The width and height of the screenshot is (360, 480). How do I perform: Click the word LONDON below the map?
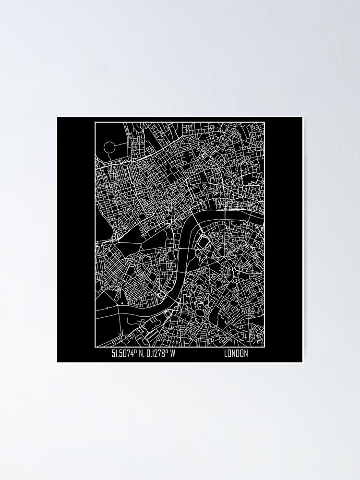pyautogui.click(x=236, y=354)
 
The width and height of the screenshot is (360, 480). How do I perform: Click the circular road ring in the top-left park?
pyautogui.click(x=109, y=147)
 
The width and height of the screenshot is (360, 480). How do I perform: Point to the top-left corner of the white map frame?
pyautogui.click(x=95, y=122)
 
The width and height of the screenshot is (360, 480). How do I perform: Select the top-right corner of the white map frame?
pyautogui.click(x=264, y=122)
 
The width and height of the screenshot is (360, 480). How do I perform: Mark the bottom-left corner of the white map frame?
pyautogui.click(x=95, y=346)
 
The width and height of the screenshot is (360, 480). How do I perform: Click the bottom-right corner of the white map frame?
pyautogui.click(x=264, y=346)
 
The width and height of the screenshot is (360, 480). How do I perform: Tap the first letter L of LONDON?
pyautogui.click(x=225, y=354)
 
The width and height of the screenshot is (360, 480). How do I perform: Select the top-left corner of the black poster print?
pyautogui.click(x=58, y=117)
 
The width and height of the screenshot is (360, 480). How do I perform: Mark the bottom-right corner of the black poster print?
pyautogui.click(x=302, y=362)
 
